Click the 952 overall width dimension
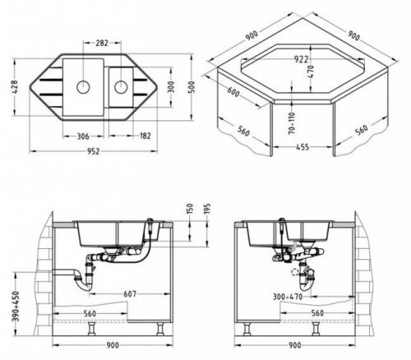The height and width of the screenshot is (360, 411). tap(93, 151)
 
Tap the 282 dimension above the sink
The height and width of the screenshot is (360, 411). tap(102, 43)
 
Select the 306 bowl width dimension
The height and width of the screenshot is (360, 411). tap(83, 136)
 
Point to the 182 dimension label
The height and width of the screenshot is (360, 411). tap(145, 136)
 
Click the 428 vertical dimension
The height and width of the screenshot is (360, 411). tap(15, 87)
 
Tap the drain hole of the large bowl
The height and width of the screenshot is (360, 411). tap(83, 87)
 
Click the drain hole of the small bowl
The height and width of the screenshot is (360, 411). tap(121, 87)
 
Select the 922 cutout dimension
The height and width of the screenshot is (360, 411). tap(301, 59)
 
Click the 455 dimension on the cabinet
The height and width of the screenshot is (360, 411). tap(302, 147)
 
